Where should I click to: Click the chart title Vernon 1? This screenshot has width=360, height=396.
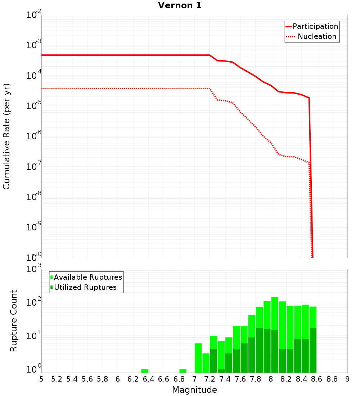(x=180, y=5)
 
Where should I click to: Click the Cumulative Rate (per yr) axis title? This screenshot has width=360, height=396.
(x=6, y=136)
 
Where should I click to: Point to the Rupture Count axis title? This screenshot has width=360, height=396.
(x=14, y=321)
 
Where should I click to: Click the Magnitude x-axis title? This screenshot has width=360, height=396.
(x=194, y=390)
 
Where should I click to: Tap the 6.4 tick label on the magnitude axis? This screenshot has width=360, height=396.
(x=148, y=379)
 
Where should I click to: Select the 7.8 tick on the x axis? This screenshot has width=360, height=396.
(x=256, y=379)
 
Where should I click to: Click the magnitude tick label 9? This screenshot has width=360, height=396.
(x=347, y=379)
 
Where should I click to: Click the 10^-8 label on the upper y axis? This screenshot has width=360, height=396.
(x=33, y=197)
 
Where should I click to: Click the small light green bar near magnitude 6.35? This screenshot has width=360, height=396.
(x=145, y=371)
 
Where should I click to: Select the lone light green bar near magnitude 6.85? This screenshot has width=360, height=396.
(x=183, y=371)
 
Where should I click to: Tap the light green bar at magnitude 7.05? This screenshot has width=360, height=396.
(x=198, y=358)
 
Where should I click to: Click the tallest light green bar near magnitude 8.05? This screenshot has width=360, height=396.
(x=275, y=313)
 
